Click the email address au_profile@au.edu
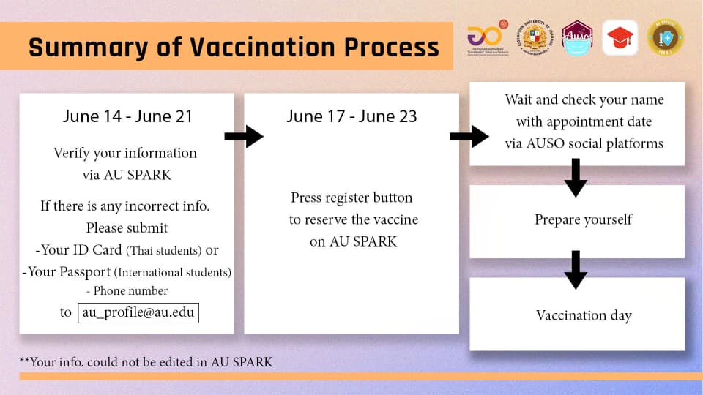coord(138,312)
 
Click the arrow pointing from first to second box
coord(243,136)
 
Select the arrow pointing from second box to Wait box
coord(469,136)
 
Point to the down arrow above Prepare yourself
coord(576,177)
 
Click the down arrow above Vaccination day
coord(576,269)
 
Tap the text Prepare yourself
coord(583,219)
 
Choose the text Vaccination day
coord(584,315)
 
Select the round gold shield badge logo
coord(665,37)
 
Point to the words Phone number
coord(131,291)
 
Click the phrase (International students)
coord(172,272)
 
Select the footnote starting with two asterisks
coord(146,361)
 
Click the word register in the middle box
coord(348,198)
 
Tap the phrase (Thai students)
coord(164,250)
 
